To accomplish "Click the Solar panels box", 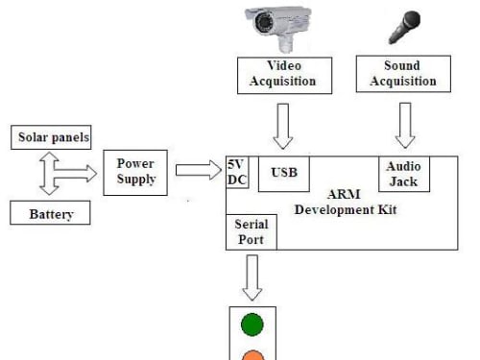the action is click(x=51, y=137).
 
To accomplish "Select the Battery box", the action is click(x=50, y=213).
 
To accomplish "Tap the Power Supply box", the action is click(x=135, y=173).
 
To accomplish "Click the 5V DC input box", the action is click(x=237, y=172).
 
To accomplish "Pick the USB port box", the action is click(x=284, y=174).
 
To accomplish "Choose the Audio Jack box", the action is click(x=404, y=174).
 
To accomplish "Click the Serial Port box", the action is click(x=252, y=232).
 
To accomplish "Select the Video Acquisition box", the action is click(x=284, y=76).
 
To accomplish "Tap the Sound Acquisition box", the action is click(x=403, y=74).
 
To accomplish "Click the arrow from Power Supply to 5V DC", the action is click(x=199, y=170).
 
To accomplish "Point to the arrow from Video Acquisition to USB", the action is click(x=283, y=126).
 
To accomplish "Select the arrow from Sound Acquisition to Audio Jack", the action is click(x=405, y=126).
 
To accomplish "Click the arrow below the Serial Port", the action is click(x=252, y=277).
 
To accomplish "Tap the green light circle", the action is click(x=252, y=324).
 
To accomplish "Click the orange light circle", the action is click(x=252, y=355).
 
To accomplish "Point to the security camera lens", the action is click(x=265, y=22).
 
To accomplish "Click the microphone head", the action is click(x=411, y=20).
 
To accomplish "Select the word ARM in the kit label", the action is click(x=344, y=194).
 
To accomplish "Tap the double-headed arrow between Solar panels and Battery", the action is click(x=49, y=174).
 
